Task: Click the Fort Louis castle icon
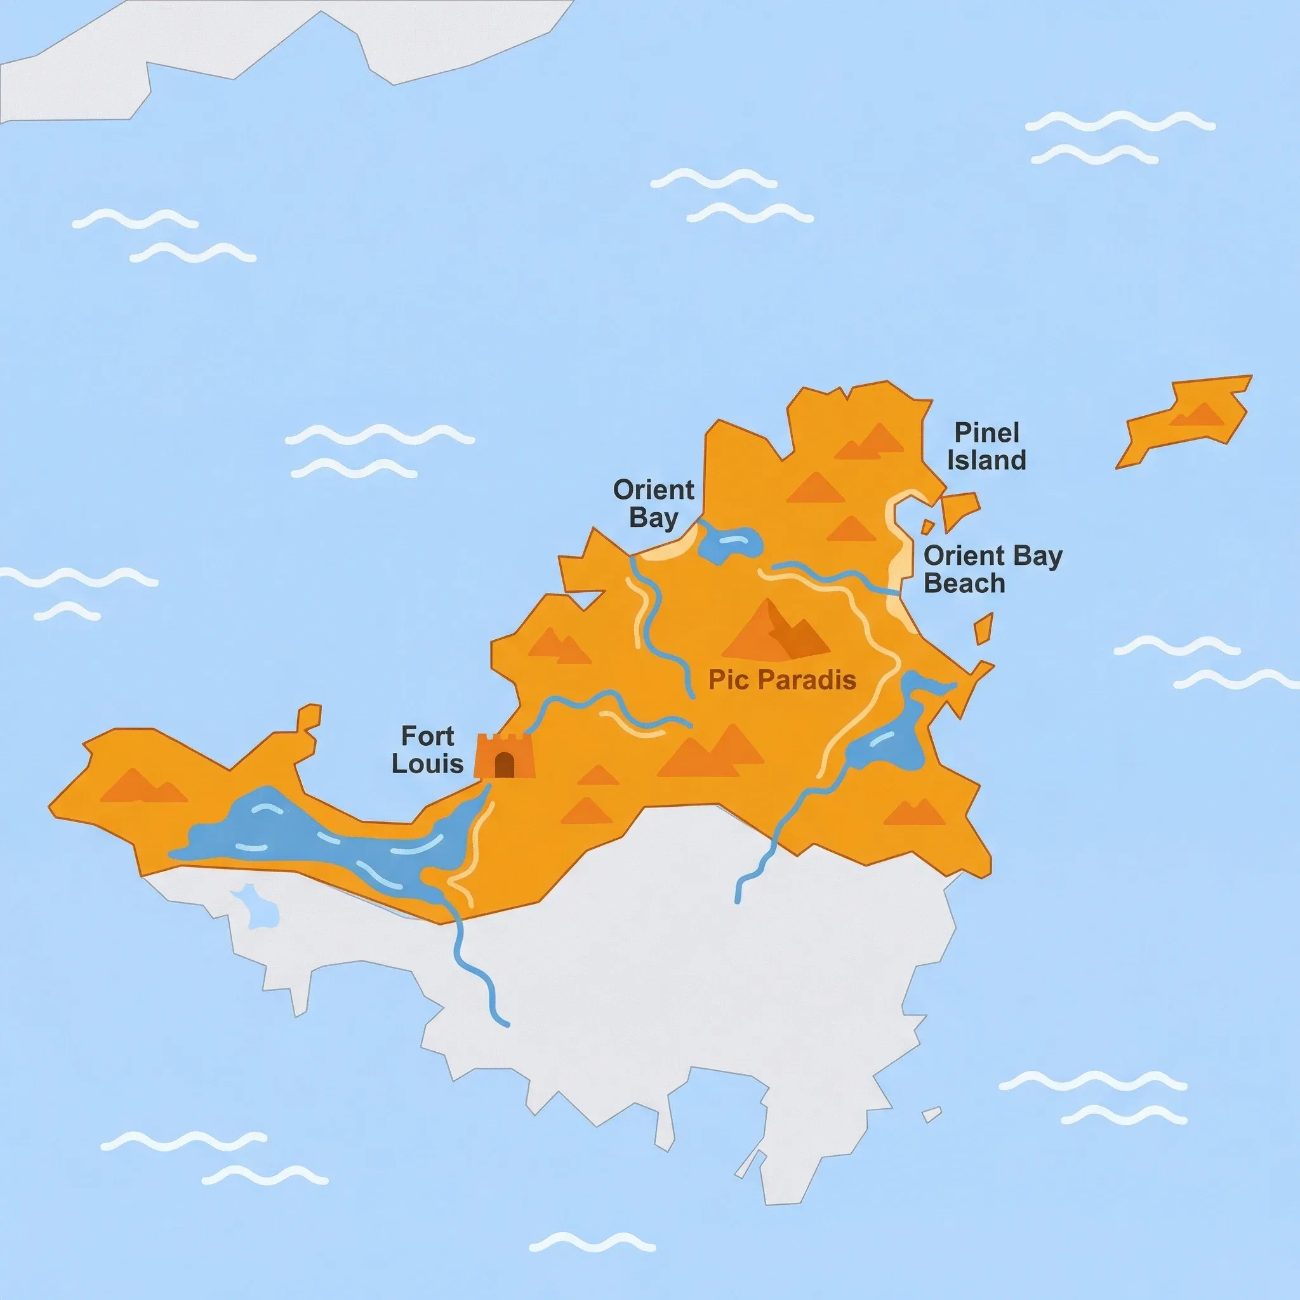point(503,755)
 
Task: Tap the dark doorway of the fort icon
point(504,764)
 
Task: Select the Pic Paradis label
point(782,680)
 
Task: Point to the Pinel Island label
point(986,446)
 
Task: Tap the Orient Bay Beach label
point(993,569)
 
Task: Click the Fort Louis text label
point(428,750)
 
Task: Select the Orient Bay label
point(653,504)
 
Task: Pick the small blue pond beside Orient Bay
point(728,541)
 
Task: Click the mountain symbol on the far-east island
point(1198,415)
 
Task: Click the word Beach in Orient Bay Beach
point(964,583)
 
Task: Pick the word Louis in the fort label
point(428,764)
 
